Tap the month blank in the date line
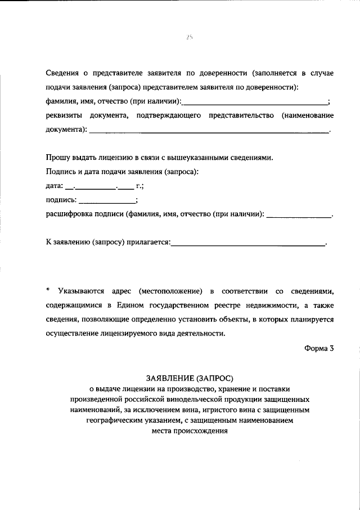point(96,187)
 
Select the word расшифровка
point(66,214)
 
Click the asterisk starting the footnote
point(48,290)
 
